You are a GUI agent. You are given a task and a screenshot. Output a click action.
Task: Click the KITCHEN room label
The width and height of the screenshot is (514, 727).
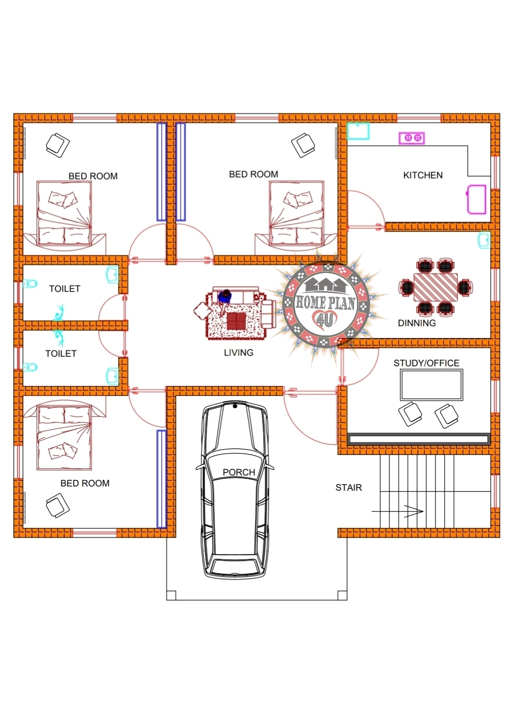[x=423, y=175]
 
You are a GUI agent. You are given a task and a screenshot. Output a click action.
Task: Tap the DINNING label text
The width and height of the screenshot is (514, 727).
[x=416, y=323]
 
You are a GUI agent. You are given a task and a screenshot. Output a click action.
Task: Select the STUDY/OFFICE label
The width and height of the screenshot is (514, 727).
[x=426, y=363]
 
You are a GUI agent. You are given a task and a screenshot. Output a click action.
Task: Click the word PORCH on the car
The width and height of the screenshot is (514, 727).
[x=239, y=472]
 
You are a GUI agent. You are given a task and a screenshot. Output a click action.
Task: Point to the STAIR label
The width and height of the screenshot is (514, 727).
[x=348, y=487]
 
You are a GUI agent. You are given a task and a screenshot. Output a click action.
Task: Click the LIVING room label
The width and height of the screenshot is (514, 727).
[x=238, y=353]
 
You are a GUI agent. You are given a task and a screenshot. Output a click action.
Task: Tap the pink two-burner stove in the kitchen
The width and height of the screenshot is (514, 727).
[x=412, y=138]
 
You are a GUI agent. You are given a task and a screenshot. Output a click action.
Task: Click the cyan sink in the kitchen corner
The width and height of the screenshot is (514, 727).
[x=358, y=131]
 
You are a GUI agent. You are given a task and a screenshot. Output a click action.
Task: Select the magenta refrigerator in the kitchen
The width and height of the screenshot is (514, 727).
[x=476, y=199]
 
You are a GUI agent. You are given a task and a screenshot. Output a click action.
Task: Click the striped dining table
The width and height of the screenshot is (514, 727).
[x=435, y=287]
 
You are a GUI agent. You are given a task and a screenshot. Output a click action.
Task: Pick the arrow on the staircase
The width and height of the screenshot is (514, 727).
[x=398, y=512]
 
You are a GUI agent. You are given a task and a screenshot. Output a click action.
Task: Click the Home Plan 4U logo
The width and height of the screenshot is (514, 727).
[x=326, y=304]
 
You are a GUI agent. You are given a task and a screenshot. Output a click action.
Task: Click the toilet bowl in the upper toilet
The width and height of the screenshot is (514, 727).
[x=30, y=284]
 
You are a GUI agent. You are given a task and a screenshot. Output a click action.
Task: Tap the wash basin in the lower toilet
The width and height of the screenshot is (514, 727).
[x=112, y=376]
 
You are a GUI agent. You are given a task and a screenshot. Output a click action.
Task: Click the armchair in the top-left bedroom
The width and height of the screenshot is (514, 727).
[x=58, y=145]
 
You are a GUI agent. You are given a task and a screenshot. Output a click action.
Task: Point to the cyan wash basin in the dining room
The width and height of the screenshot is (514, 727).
[x=484, y=241]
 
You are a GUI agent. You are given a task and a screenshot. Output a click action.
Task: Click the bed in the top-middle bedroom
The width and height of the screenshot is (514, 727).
[x=297, y=213]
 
